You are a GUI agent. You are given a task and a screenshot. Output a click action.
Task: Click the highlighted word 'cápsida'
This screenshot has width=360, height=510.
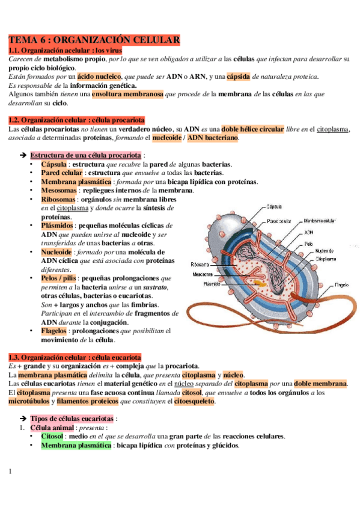click(238, 76)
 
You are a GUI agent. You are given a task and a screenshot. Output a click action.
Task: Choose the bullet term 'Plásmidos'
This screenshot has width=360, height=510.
click(58, 226)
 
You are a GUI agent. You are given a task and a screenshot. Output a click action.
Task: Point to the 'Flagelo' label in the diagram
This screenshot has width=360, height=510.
click(342, 283)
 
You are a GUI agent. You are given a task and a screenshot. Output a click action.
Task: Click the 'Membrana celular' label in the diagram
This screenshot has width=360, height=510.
click(320, 220)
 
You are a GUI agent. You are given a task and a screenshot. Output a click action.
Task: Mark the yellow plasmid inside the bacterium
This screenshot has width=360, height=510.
click(258, 281)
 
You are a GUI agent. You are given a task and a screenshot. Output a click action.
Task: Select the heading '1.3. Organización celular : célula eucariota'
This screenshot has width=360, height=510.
click(75, 357)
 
